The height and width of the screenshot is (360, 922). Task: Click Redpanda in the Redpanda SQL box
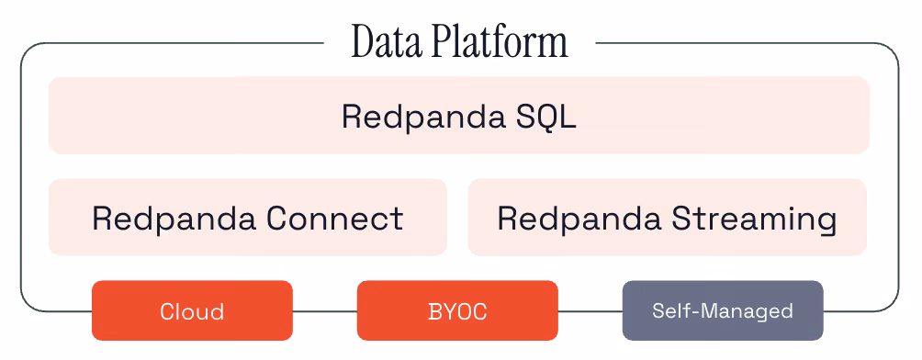[423, 117]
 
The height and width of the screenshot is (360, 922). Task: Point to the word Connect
[334, 219]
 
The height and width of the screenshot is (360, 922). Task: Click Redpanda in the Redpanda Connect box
[174, 219]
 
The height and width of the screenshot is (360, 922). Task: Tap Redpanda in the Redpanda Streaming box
[579, 219]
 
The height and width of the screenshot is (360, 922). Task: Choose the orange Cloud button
[192, 310]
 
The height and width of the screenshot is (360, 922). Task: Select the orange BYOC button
[457, 310]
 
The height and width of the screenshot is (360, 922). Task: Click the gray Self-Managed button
[723, 310]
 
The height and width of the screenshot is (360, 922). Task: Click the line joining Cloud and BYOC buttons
[324, 310]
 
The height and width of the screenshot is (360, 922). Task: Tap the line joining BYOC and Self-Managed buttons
[590, 310]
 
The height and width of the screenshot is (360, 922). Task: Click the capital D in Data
[364, 42]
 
